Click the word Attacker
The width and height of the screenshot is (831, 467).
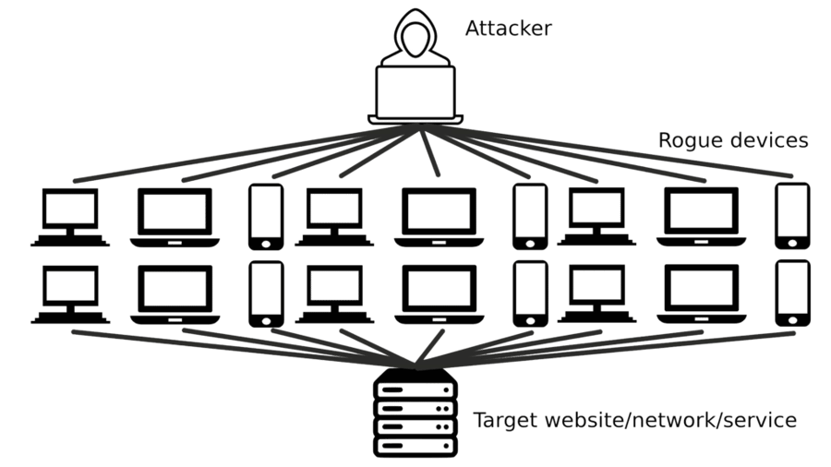508,28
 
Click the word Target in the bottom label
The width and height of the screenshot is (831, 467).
506,421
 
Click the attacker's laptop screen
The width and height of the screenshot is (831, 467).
415,92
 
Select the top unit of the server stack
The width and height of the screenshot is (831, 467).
415,389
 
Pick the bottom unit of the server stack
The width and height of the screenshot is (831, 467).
415,446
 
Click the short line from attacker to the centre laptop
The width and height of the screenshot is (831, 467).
429,151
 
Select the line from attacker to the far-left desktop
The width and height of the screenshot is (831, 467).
244,153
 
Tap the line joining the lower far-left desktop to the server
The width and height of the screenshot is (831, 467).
244,348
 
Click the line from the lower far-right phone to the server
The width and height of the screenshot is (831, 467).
607,350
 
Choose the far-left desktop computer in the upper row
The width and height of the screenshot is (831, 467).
70,217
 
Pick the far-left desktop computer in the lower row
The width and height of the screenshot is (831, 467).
70,294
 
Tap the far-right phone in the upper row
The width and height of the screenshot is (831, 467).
792,216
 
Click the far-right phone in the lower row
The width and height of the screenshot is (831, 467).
792,293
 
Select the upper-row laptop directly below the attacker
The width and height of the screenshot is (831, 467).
439,217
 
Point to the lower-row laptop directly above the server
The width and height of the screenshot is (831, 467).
440,294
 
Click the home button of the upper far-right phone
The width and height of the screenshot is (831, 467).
792,243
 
